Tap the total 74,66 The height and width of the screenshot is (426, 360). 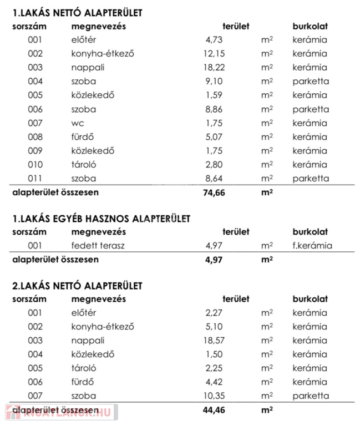coord(214,193)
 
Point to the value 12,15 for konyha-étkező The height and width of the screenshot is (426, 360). coord(214,54)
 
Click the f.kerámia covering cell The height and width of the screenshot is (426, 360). coord(312,245)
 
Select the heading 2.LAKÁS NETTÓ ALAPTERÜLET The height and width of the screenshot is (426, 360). coord(77,286)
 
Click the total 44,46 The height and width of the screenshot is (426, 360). coord(214,410)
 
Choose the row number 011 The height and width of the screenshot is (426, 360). coord(35,179)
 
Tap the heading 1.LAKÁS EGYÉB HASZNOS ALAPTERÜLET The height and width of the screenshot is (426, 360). coord(101,219)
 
